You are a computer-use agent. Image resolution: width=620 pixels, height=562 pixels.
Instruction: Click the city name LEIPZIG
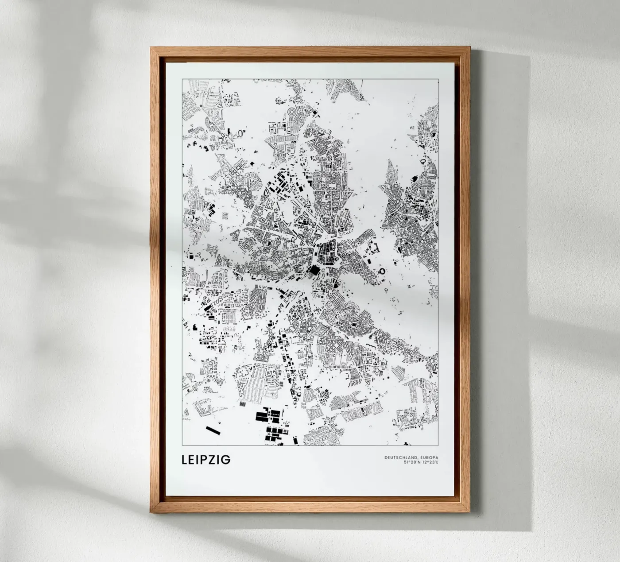click(x=206, y=460)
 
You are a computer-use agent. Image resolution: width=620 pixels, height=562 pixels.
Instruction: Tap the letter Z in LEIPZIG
click(x=216, y=460)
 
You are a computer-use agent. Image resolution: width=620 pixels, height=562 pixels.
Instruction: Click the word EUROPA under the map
click(x=427, y=457)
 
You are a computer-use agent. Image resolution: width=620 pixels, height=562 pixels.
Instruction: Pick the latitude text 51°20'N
click(x=411, y=463)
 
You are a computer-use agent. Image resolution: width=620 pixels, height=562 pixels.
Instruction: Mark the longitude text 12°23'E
click(x=429, y=463)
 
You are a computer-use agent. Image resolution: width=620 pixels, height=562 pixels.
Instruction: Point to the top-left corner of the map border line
click(x=182, y=78)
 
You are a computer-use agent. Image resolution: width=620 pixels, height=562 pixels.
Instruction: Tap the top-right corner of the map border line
click(x=438, y=78)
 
